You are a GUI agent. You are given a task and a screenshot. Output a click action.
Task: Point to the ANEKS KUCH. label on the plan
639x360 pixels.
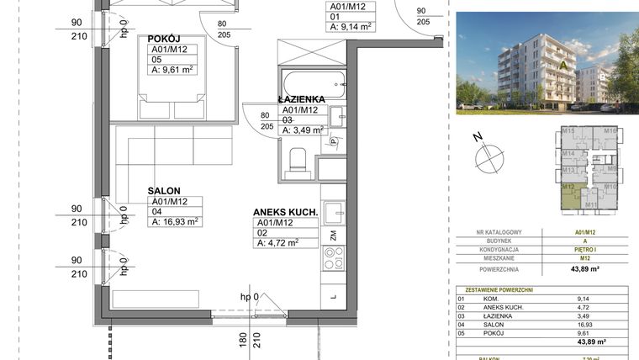(x=286, y=213)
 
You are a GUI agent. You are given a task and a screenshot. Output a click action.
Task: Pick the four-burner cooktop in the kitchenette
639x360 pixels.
(x=333, y=257)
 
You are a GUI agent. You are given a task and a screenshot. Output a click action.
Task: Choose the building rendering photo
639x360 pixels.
(x=547, y=63)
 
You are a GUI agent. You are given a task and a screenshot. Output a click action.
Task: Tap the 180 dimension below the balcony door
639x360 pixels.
(x=242, y=340)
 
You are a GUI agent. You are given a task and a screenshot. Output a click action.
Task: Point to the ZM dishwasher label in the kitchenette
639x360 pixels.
(x=334, y=235)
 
